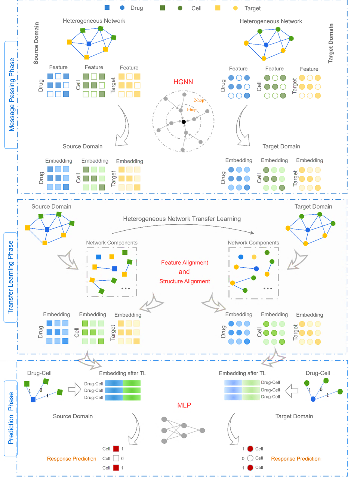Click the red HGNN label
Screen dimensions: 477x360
[x=183, y=82]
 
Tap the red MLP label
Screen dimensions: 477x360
[x=184, y=405]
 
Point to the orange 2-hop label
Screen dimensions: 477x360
[x=199, y=100]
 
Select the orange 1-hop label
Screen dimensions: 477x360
[x=191, y=110]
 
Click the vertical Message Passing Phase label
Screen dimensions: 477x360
[x=12, y=95]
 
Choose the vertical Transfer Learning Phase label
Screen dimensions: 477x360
[x=11, y=277]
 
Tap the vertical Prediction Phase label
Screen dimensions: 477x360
[x=11, y=418]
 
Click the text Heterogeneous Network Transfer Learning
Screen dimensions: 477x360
[x=182, y=219]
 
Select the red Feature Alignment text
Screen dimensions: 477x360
[x=184, y=262]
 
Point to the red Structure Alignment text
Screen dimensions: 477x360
[x=184, y=281]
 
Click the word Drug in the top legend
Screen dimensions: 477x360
[x=136, y=8]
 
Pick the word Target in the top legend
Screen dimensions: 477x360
[x=252, y=8]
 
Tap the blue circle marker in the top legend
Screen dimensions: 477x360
[x=122, y=7]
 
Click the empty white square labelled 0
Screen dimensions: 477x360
[x=116, y=458]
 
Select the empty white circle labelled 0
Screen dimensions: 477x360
[x=250, y=458]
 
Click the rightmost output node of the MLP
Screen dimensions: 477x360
[x=202, y=431]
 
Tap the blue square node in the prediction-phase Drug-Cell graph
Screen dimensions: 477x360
[x=33, y=400]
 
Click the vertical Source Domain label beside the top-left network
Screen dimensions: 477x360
[x=36, y=43]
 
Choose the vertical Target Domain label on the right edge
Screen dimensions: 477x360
[x=331, y=43]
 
